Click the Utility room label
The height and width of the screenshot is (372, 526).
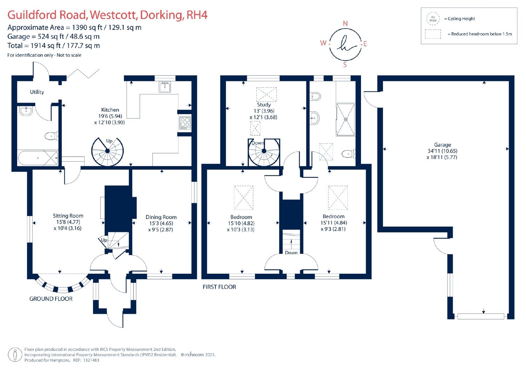[37, 92]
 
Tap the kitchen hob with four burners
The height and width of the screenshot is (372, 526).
[185, 123]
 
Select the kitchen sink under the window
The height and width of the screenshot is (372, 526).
[165, 87]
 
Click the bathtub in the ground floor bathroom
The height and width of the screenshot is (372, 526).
[38, 158]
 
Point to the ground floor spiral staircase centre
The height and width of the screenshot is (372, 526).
[108, 151]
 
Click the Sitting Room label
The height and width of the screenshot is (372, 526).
[68, 216]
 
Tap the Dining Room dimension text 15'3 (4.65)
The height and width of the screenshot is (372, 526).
[161, 223]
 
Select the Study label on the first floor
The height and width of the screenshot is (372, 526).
[264, 105]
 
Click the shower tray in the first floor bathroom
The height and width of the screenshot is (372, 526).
[346, 119]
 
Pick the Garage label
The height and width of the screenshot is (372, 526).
[442, 145]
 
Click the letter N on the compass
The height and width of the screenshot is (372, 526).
[345, 23]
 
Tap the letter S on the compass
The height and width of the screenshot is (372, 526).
[345, 64]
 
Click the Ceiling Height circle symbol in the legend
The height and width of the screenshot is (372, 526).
[433, 19]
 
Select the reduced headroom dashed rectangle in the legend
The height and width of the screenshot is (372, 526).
[433, 34]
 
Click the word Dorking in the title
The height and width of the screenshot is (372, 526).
[161, 15]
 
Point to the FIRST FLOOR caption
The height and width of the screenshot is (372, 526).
[219, 287]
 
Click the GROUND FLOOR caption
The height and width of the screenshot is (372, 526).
[51, 299]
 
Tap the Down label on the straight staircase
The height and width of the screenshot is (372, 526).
[291, 253]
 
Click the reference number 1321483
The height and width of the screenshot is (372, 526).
[91, 360]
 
